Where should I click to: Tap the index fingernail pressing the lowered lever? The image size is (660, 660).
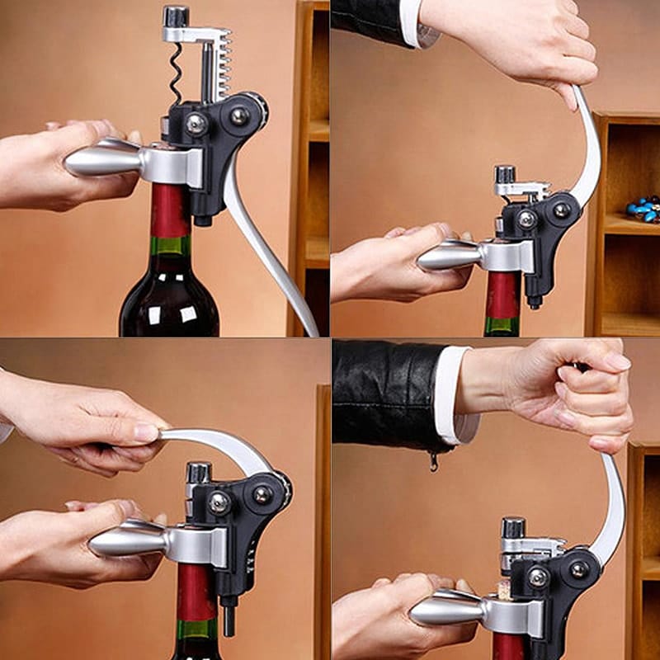click(147, 432)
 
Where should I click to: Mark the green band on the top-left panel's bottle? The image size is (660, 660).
click(169, 247)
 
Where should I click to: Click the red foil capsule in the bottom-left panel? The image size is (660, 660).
click(196, 592)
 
